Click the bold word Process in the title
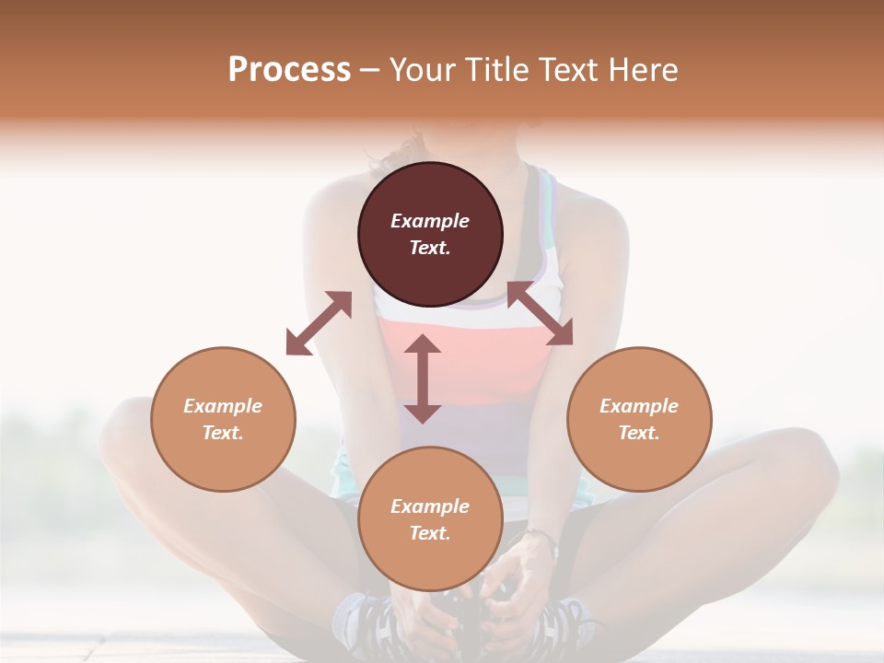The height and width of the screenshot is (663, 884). pyautogui.click(x=289, y=70)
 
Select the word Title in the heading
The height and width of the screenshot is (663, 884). pyautogui.click(x=496, y=70)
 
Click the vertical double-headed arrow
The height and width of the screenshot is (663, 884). pyautogui.click(x=423, y=378)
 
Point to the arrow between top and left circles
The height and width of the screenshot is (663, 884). pyautogui.click(x=319, y=323)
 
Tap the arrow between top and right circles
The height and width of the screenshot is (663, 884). pyautogui.click(x=540, y=314)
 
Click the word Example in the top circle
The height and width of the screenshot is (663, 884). pyautogui.click(x=430, y=221)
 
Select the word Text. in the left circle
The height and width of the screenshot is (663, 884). pyautogui.click(x=223, y=433)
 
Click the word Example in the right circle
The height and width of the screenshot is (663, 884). pyautogui.click(x=639, y=406)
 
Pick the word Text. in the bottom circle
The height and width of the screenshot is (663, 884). pyautogui.click(x=430, y=533)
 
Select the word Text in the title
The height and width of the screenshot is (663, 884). pyautogui.click(x=566, y=70)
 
